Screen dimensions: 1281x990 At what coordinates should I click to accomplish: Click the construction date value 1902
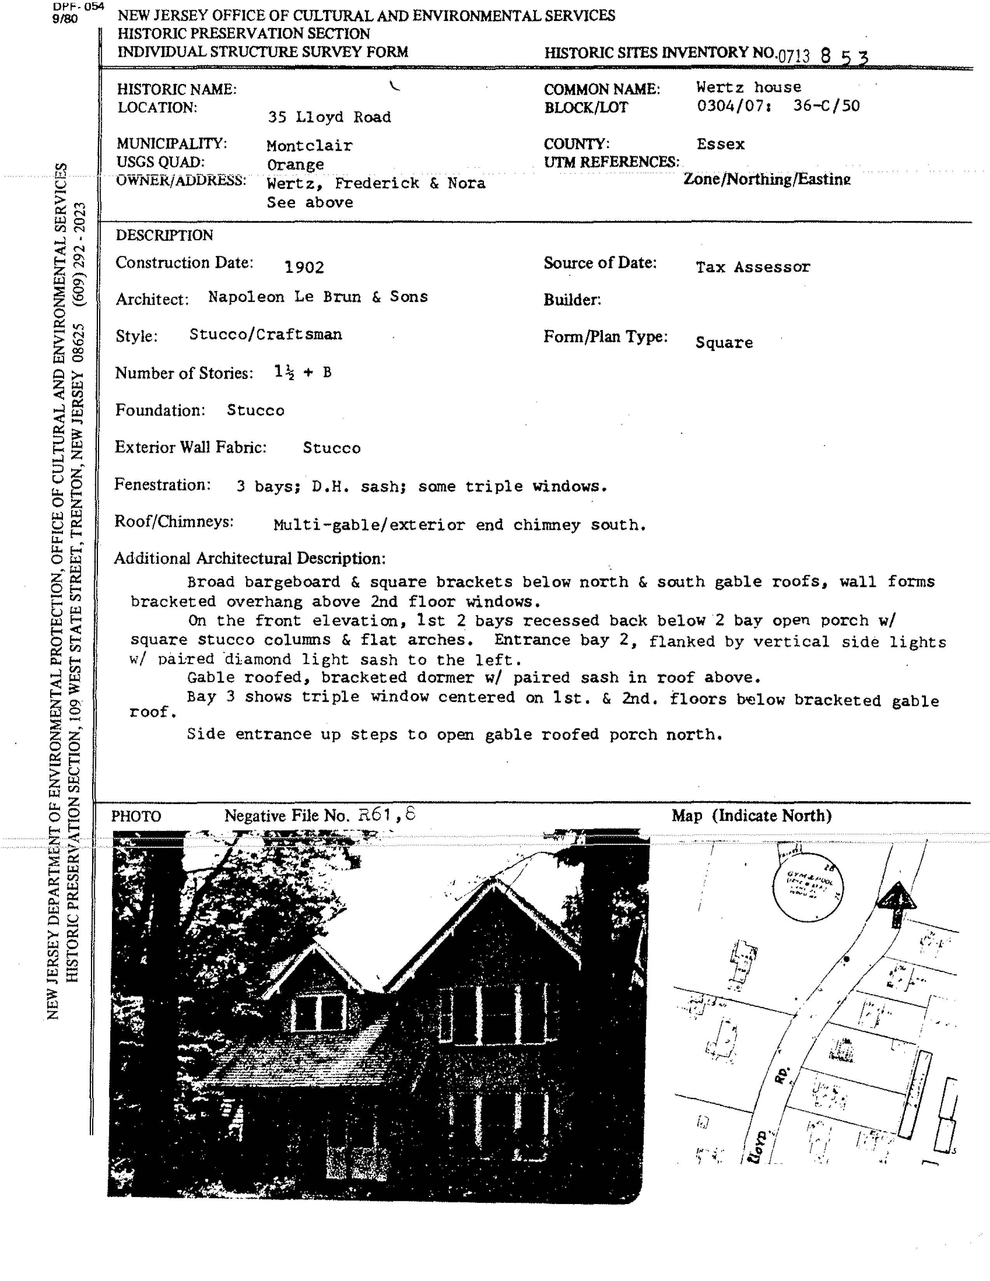tap(304, 267)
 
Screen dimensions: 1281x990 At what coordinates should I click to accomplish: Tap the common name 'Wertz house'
tap(748, 87)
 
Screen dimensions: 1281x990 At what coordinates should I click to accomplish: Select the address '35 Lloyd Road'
tap(329, 117)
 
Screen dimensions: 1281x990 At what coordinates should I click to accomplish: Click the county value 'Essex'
tap(720, 144)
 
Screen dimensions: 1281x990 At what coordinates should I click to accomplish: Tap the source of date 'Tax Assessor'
tap(753, 267)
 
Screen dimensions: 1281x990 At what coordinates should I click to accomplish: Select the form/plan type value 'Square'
tap(724, 343)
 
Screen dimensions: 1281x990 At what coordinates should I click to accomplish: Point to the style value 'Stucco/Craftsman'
tap(265, 334)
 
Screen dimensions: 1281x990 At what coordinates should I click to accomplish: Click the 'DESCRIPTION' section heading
tap(164, 235)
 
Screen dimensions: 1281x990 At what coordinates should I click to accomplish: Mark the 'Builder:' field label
tap(572, 300)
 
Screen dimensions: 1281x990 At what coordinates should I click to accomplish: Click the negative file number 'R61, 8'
tap(387, 815)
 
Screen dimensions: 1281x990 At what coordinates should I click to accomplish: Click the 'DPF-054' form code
tap(78, 7)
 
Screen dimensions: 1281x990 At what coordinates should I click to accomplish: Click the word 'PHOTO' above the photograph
tap(136, 816)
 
